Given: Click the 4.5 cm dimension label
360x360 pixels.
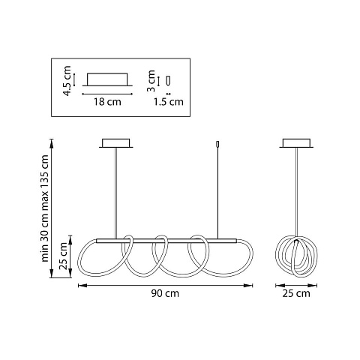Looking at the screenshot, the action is tap(67, 81).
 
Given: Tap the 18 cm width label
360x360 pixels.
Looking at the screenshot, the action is tap(107, 102).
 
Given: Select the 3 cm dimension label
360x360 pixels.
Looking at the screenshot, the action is tap(151, 81).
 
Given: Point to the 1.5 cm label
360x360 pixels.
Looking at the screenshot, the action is tap(168, 102).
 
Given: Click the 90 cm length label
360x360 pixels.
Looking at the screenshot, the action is tap(165, 293).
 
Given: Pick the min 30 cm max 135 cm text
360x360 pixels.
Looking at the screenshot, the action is tap(44, 208).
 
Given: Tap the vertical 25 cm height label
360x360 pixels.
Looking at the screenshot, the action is tap(63, 256).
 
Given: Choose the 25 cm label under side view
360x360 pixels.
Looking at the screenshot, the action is tap(296, 293).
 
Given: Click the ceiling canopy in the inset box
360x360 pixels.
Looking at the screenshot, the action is tap(107, 79).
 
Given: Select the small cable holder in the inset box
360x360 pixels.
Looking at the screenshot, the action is tap(169, 80).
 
